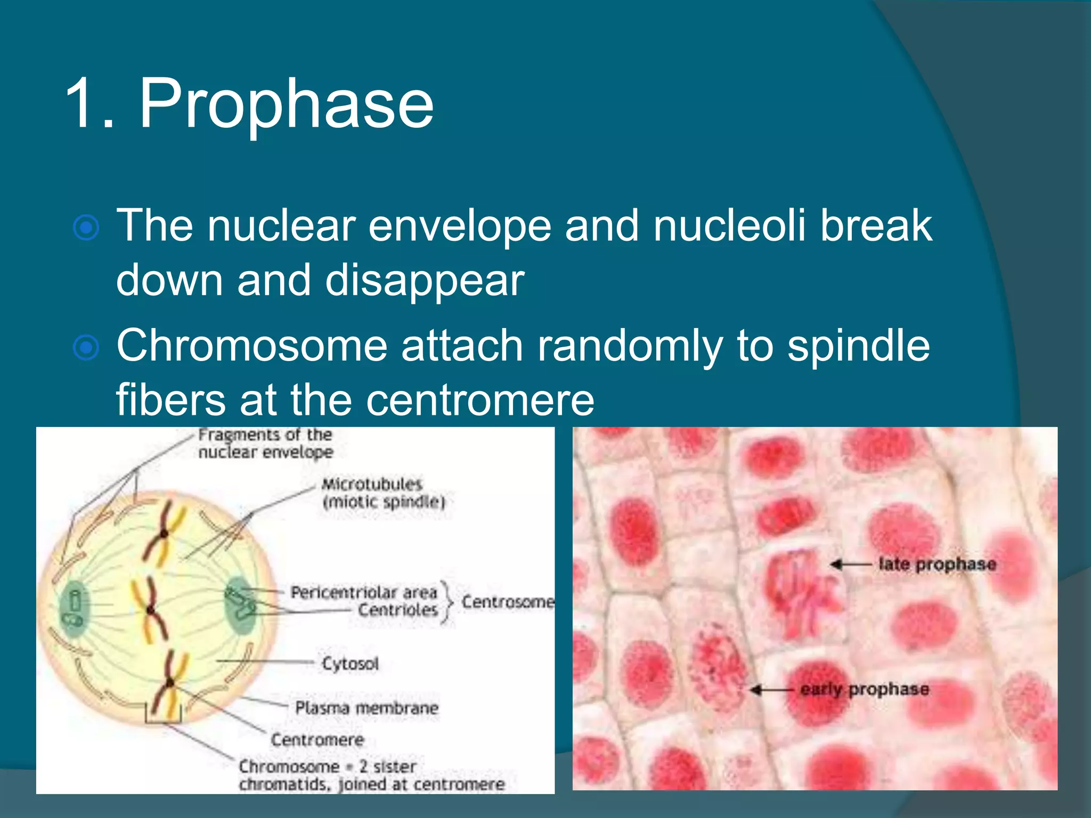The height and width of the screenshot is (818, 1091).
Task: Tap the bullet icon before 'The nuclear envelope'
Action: click(x=86, y=228)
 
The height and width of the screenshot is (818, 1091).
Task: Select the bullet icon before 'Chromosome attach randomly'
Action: click(x=86, y=348)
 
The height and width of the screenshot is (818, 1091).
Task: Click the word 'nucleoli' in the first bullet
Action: click(x=729, y=225)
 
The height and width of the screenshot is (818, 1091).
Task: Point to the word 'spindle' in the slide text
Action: click(x=859, y=346)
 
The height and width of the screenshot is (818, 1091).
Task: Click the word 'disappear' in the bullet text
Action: click(x=425, y=281)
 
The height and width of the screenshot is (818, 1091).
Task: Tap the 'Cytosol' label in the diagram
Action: click(x=350, y=664)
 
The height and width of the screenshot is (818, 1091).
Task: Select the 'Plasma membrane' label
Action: click(x=367, y=708)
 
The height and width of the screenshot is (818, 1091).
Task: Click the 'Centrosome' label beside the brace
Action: click(x=507, y=602)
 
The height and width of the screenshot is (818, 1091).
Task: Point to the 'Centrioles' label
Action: click(x=397, y=610)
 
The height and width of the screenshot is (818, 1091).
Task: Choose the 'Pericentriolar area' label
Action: click(x=363, y=592)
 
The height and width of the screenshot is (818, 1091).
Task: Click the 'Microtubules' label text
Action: click(x=372, y=484)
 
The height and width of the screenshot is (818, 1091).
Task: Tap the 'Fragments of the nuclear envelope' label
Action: click(x=265, y=443)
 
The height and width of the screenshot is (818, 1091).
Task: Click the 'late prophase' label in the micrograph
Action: click(x=937, y=564)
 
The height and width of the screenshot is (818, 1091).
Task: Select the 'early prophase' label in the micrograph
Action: click(x=864, y=689)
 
